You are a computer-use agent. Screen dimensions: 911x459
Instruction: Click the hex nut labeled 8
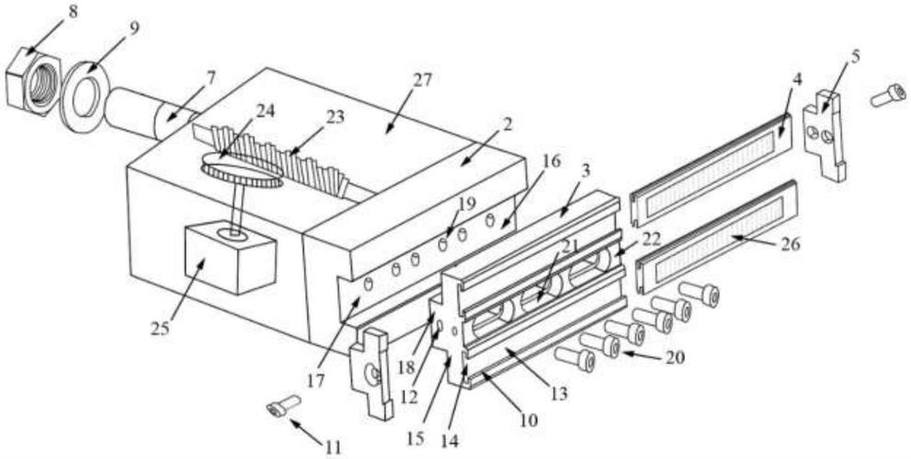pos(32,83)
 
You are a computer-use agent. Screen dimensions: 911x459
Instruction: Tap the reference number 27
pos(422,80)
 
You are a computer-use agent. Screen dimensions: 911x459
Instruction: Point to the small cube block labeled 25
pos(230,259)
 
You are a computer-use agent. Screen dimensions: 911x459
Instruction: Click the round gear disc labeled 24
pos(241,170)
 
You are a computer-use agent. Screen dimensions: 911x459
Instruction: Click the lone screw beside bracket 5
pos(889,95)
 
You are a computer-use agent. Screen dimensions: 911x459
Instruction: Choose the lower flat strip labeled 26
pos(717,237)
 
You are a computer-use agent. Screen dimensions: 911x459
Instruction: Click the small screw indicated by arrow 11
pos(283,405)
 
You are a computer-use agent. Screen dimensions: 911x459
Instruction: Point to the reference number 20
pos(674,359)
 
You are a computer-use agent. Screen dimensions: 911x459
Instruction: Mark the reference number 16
pos(552,162)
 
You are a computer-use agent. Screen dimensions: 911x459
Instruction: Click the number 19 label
pos(467,205)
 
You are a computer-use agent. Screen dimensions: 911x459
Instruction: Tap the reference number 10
pos(529,420)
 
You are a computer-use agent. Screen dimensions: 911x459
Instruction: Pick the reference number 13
pos(559,395)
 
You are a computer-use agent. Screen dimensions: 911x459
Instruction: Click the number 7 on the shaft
pos(211,78)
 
